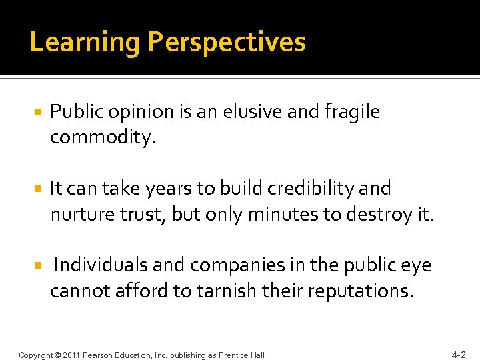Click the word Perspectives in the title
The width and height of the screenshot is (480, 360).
[x=227, y=43]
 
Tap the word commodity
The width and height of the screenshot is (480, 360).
[x=102, y=138]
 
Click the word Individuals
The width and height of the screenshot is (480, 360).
[x=101, y=265]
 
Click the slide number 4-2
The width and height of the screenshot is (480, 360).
[x=459, y=355]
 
